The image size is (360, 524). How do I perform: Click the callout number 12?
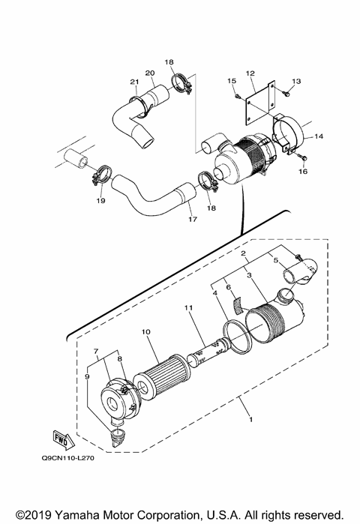(x=250, y=73)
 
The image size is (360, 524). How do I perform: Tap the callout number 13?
(x=296, y=81)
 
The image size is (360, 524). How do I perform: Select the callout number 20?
(x=149, y=73)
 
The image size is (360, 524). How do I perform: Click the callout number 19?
(x=100, y=202)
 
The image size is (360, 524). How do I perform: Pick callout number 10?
(x=146, y=331)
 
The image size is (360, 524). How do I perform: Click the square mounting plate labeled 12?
(x=254, y=106)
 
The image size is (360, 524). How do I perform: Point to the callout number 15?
(x=231, y=80)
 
